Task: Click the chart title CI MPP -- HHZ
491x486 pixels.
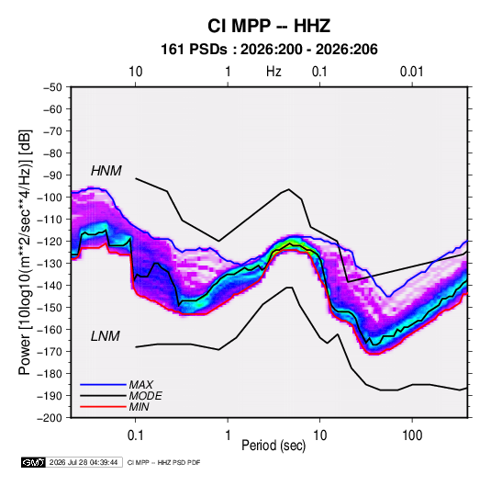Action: pyautogui.click(x=269, y=26)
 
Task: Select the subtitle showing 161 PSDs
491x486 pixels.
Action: pyautogui.click(x=269, y=50)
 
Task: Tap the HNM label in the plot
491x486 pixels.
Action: pyautogui.click(x=106, y=171)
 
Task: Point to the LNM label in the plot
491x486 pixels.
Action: pyautogui.click(x=106, y=336)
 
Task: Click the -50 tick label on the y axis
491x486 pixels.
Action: pyautogui.click(x=52, y=87)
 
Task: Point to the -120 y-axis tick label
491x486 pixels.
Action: pyautogui.click(x=50, y=242)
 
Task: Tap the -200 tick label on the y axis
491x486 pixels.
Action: pyautogui.click(x=50, y=418)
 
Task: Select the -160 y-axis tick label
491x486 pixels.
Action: pyautogui.click(x=50, y=330)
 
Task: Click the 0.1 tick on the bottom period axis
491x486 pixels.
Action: pyautogui.click(x=135, y=435)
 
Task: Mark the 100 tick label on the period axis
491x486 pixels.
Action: pyautogui.click(x=412, y=435)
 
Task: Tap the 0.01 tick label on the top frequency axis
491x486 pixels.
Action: pyautogui.click(x=412, y=72)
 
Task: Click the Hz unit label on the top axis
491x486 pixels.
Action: pyautogui.click(x=273, y=72)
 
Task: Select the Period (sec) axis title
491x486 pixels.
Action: pyautogui.click(x=273, y=446)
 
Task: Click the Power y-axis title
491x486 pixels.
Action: pyautogui.click(x=25, y=253)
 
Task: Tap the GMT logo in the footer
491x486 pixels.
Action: pyautogui.click(x=34, y=462)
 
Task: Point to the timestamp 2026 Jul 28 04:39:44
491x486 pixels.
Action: pyautogui.click(x=84, y=462)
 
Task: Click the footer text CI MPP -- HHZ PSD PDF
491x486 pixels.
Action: pyautogui.click(x=163, y=462)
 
